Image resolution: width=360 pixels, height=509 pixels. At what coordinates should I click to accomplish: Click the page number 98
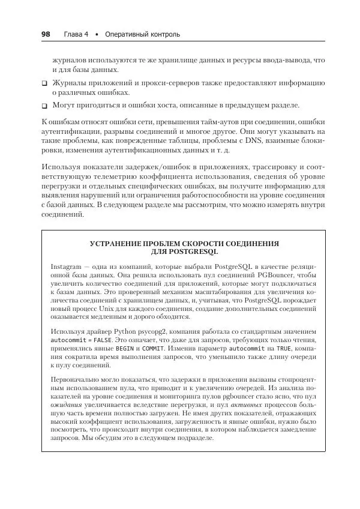(x=45, y=34)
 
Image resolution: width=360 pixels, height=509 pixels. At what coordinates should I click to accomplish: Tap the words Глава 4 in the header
(x=76, y=35)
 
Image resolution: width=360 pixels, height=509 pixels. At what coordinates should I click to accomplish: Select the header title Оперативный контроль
(x=142, y=35)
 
